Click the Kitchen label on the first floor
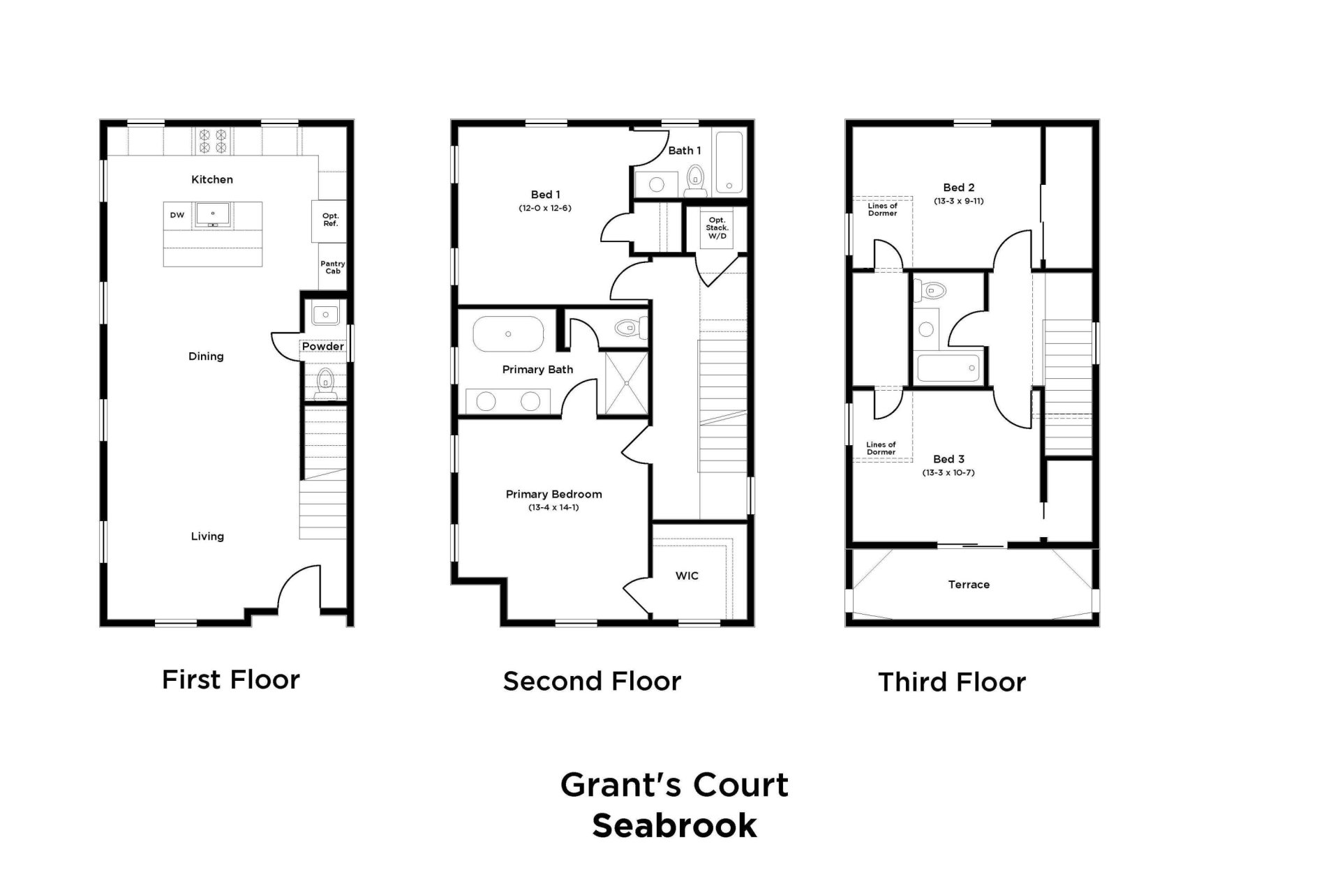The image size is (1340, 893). coord(212,179)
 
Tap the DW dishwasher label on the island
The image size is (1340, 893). coord(177,215)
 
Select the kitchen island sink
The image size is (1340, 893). coord(213,213)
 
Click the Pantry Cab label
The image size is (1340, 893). coord(333,267)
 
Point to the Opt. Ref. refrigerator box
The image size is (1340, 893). coord(331,220)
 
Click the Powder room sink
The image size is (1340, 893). coord(325,315)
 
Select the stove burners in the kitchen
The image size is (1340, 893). coord(213,142)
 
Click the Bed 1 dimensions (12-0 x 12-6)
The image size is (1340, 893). coord(545,208)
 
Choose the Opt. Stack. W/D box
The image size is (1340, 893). coord(717,228)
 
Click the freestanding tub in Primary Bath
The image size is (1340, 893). coord(508,334)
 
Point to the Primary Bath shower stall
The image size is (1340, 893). coord(626,384)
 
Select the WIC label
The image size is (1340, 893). coord(687,576)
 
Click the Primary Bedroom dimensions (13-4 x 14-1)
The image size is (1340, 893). coord(553,507)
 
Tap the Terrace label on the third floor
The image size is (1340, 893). coord(969,585)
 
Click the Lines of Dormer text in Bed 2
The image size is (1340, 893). coord(882,209)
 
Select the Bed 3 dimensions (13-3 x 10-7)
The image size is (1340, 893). coord(948,472)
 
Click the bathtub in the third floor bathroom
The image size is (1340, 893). coord(948,368)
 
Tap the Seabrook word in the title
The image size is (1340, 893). coord(674,825)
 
